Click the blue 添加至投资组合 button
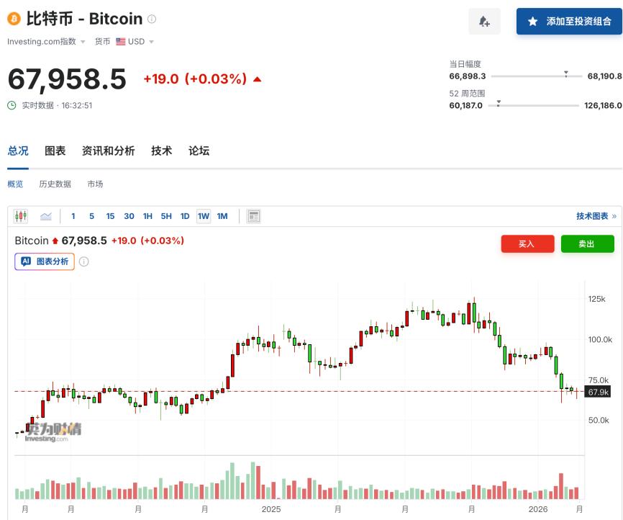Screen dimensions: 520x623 569,22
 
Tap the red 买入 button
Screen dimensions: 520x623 527,244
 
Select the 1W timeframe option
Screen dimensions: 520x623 204,216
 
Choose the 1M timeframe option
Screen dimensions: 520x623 222,216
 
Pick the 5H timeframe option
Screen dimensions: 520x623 166,216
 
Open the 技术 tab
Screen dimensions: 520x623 161,151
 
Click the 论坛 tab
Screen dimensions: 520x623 199,151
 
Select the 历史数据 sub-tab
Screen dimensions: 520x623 55,184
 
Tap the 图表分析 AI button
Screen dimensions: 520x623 45,261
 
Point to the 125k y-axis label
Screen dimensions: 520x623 597,299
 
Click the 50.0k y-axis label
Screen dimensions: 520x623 599,420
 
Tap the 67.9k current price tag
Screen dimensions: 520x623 598,392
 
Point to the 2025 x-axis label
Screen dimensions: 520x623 271,509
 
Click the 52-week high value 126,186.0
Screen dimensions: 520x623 603,106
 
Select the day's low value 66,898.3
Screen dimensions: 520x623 468,76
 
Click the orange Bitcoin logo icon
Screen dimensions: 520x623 14,19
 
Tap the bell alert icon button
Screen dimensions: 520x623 484,22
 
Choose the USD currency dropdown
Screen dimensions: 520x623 135,42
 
